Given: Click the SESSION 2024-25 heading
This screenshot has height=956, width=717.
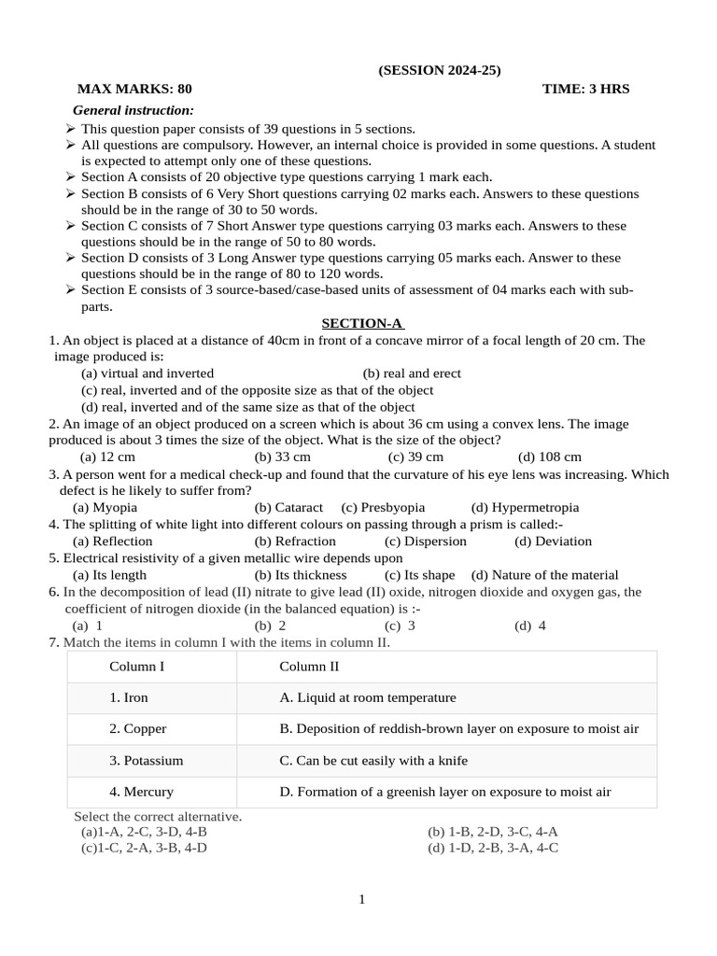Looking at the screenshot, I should pyautogui.click(x=439, y=71).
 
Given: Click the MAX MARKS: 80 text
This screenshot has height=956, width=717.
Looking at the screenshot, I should pyautogui.click(x=134, y=90).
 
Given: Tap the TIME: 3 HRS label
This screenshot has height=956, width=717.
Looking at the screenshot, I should pyautogui.click(x=585, y=90).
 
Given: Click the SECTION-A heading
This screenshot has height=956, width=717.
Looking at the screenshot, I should pyautogui.click(x=362, y=323).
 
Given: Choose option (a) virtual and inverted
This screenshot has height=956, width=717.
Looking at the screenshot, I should pyautogui.click(x=148, y=373).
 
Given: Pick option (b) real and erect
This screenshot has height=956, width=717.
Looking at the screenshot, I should pyautogui.click(x=412, y=373).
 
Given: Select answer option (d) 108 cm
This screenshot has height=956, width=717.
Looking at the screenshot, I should pyautogui.click(x=549, y=457).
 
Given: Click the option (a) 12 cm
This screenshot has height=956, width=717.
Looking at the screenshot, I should pyautogui.click(x=108, y=457).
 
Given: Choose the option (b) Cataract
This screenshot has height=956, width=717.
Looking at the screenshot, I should pyautogui.click(x=288, y=507).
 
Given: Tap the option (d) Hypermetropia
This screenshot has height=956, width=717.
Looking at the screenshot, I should pyautogui.click(x=525, y=507).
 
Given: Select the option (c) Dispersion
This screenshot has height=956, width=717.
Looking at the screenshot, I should pyautogui.click(x=425, y=541).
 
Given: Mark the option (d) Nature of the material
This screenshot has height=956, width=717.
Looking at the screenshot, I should pyautogui.click(x=544, y=574).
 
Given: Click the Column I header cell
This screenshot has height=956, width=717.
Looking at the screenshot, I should pyautogui.click(x=136, y=667).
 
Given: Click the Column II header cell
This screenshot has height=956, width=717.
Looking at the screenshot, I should pyautogui.click(x=309, y=667).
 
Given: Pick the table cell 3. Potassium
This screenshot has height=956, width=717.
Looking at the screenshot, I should pyautogui.click(x=146, y=761).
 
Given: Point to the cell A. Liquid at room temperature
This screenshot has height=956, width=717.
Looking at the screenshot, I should pyautogui.click(x=368, y=697).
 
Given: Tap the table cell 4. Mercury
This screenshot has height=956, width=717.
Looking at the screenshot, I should pyautogui.click(x=141, y=792).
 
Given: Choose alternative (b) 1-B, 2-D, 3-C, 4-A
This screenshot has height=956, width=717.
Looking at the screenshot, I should pyautogui.click(x=492, y=831).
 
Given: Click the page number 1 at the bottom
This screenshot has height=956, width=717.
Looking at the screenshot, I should pyautogui.click(x=362, y=899).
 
